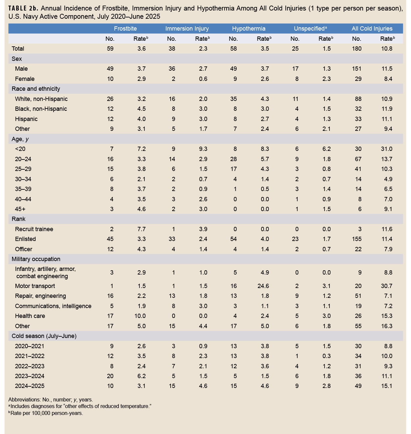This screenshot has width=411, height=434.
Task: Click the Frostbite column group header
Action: (125, 29)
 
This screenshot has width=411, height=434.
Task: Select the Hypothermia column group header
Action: (249, 29)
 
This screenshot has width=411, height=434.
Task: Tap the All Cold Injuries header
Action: (372, 29)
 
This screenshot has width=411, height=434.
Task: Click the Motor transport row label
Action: (35, 286)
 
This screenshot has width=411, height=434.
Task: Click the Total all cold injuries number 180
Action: (356, 49)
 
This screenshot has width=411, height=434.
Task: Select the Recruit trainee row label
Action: (34, 229)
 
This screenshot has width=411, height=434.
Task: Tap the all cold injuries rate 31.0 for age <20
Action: (386, 149)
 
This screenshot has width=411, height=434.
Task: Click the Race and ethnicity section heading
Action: (36, 89)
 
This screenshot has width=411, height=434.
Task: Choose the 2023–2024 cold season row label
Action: (30, 376)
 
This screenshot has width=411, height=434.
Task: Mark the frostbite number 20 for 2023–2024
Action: (110, 376)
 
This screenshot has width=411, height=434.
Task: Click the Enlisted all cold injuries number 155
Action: (356, 239)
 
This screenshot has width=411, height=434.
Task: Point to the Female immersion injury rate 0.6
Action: (203, 79)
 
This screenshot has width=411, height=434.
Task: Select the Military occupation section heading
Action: (36, 259)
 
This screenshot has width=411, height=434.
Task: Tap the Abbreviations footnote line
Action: (51, 400)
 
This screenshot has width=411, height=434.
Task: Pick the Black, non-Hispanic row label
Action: (41, 109)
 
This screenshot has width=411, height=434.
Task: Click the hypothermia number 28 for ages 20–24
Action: (233, 159)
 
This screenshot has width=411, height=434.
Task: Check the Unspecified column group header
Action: (310, 29)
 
